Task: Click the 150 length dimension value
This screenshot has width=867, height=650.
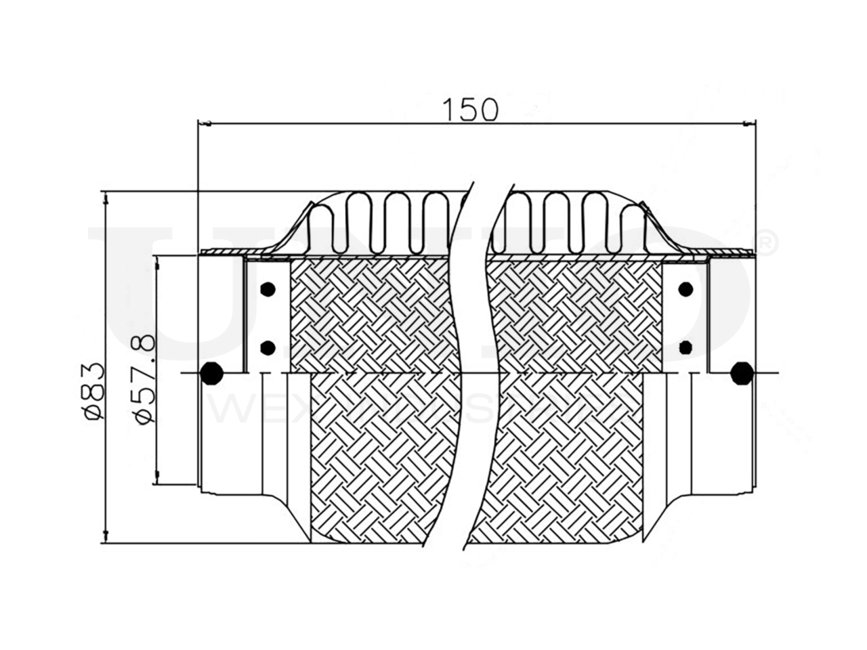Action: [469, 108]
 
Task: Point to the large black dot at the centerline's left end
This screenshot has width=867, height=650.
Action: [212, 373]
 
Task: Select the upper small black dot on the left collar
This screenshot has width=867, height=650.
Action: [268, 288]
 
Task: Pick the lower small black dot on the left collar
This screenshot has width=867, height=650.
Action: [268, 348]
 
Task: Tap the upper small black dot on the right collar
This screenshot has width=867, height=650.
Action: [685, 288]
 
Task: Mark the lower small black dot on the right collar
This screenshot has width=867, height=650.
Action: [685, 348]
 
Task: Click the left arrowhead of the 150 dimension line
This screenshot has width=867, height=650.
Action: [205, 123]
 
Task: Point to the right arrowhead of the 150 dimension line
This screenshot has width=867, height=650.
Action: [748, 123]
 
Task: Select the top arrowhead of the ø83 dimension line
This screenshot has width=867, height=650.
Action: [106, 197]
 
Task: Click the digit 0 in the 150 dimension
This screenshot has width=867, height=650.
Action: [488, 109]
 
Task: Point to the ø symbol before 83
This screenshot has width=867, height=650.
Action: [95, 414]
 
